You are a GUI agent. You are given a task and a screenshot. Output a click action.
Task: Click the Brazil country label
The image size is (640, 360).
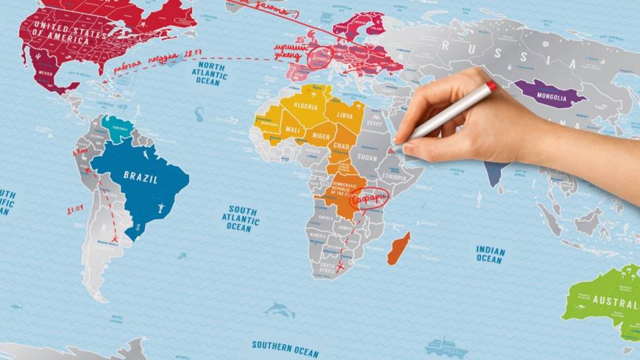coord(140,176)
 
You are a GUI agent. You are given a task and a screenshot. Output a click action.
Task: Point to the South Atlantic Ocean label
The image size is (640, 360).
coord(240,218)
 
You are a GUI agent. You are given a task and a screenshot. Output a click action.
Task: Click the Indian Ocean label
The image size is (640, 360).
coord(490,255)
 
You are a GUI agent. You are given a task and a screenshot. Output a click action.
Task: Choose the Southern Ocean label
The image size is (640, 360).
coord(285,345)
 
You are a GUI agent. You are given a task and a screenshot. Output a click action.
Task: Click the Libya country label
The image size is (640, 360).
coord(345,113)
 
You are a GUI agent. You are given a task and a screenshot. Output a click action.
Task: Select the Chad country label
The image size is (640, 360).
coord(341,145)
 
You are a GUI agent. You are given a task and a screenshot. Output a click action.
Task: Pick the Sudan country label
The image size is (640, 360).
coord(367,157)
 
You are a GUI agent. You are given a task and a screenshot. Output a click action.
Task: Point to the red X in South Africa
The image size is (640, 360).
coord(340,267)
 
